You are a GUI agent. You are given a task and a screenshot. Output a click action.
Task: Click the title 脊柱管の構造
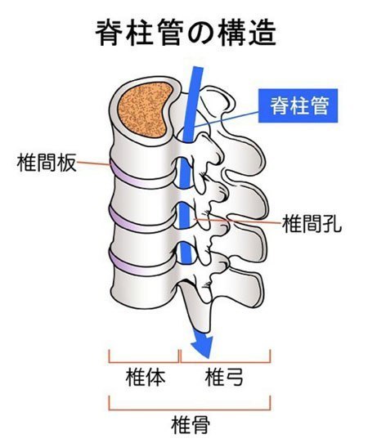coord(186,34)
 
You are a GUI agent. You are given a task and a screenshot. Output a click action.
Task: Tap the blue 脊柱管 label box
coord(298,105)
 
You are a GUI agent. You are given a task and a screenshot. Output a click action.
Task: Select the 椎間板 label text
coord(47,163)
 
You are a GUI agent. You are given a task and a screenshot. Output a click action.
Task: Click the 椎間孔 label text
coord(312,223)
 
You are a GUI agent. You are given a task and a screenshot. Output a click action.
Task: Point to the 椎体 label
coord(146,378)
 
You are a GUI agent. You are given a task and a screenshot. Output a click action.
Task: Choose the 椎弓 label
coord(224,378)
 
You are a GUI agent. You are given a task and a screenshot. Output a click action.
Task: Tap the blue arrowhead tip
coord(209,359)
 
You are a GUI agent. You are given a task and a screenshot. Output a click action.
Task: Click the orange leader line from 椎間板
coord(93,163)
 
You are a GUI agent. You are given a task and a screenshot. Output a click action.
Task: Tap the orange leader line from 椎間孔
coord(238,221)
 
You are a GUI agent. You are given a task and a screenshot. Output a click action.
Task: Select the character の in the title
coord(200,34)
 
